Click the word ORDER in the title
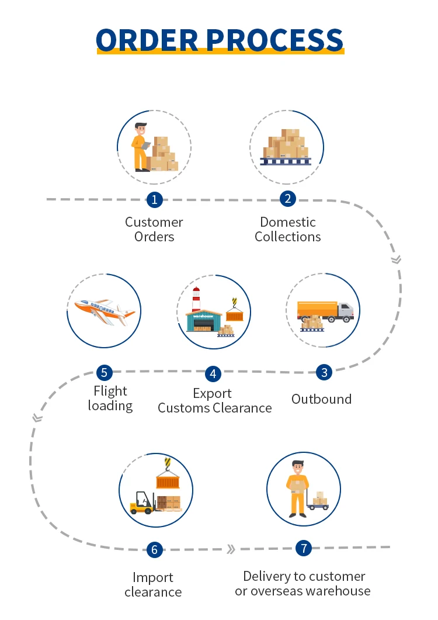click(148, 39)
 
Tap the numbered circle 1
click(154, 200)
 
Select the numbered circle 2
click(287, 199)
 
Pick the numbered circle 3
click(324, 372)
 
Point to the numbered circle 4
click(213, 373)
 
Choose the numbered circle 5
click(105, 372)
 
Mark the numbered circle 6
click(154, 549)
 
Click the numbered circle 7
click(303, 548)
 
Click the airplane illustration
click(104, 310)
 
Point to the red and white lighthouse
click(196, 302)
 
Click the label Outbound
click(321, 399)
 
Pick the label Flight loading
click(110, 398)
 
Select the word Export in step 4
click(213, 393)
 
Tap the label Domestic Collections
click(288, 230)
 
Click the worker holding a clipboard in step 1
click(141, 147)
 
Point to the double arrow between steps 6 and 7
click(231, 549)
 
